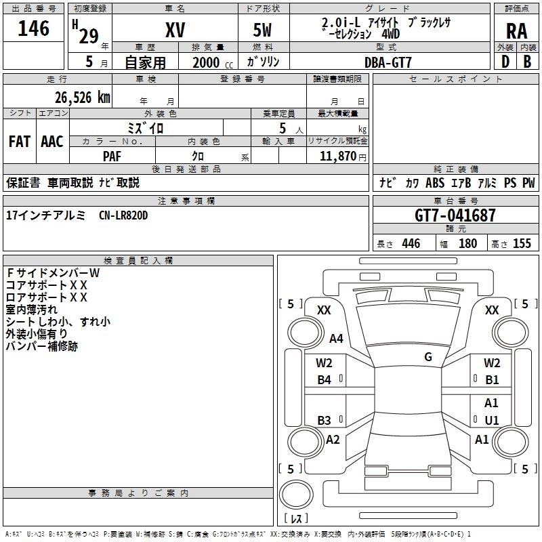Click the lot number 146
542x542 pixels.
(33, 28)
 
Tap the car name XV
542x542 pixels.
(175, 30)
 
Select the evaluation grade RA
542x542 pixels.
(517, 31)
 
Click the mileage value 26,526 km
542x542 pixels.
(82, 98)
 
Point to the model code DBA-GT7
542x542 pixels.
(388, 62)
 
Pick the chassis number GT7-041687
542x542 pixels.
(455, 215)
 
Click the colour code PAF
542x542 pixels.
(112, 157)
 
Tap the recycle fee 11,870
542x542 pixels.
(337, 156)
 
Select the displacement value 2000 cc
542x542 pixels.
(213, 62)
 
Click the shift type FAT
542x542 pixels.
(20, 142)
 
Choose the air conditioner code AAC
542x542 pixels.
(52, 142)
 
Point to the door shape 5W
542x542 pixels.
(262, 30)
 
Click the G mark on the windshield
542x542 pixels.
(428, 357)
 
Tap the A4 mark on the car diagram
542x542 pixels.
(336, 338)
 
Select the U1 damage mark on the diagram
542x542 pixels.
(492, 420)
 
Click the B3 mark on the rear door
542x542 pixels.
(324, 420)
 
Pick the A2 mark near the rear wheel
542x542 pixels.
(333, 440)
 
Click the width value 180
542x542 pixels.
(467, 243)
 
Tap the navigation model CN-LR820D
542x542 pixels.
(123, 215)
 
